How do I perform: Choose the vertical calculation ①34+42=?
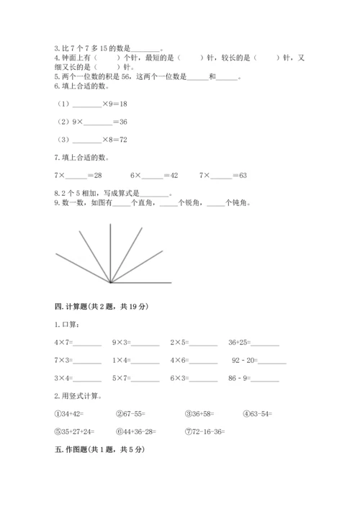[x=71, y=413]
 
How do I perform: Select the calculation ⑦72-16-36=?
[x=205, y=431]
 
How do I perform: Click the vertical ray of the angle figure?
[x=109, y=252]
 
